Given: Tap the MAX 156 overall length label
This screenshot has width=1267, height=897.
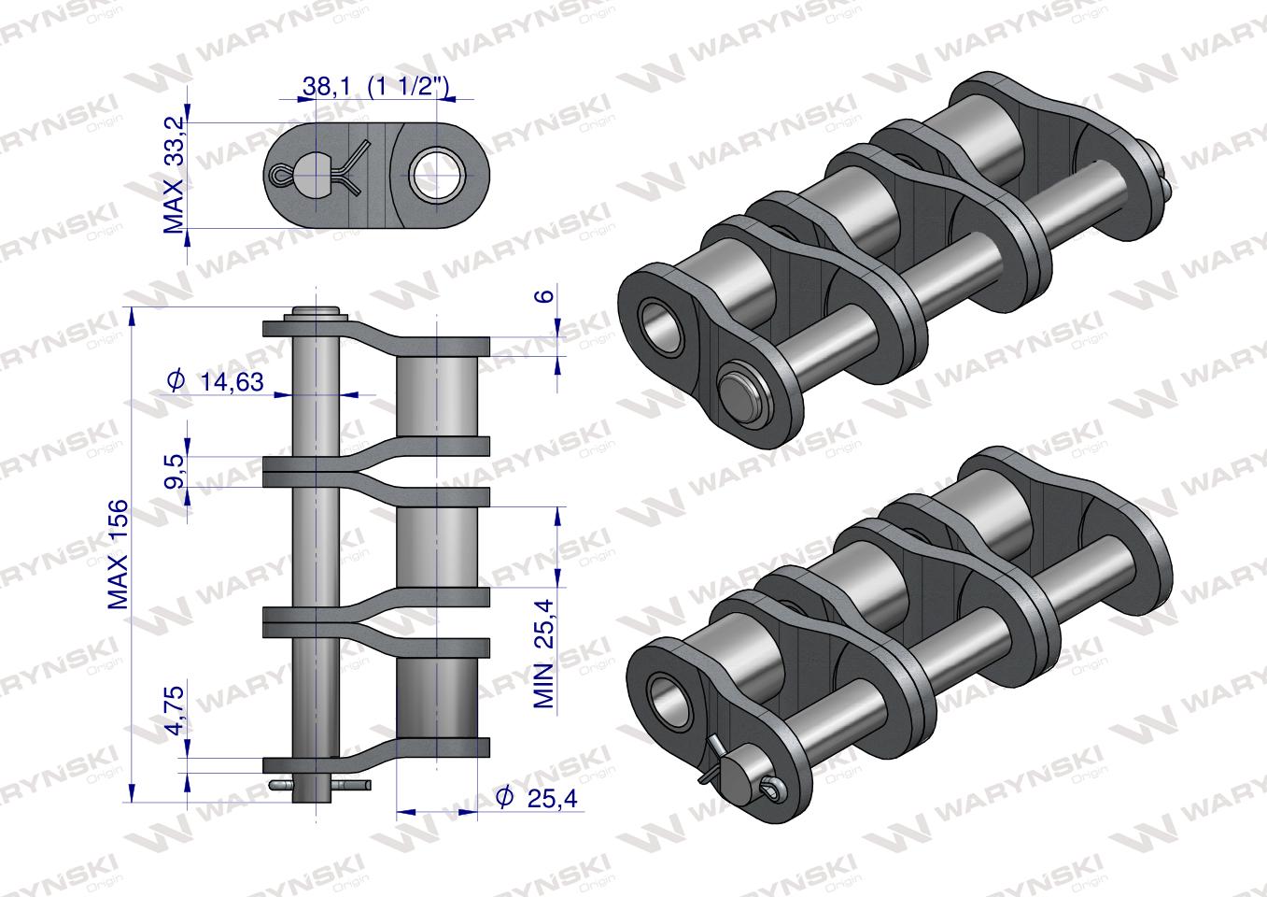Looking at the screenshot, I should tap(119, 555).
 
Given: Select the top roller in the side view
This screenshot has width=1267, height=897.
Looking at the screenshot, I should tap(437, 395).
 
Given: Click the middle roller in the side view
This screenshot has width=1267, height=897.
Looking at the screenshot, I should tap(437, 547).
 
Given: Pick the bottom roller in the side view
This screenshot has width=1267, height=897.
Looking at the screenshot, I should tap(437, 697).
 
